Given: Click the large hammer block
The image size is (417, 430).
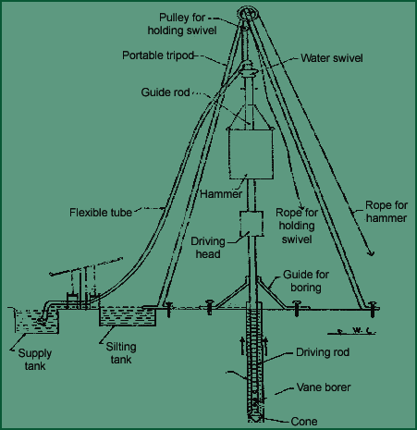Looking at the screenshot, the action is pos(251,154).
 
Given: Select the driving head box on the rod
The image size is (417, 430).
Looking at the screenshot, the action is pos(251,224).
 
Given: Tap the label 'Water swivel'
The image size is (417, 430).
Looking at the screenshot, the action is pos(332,58).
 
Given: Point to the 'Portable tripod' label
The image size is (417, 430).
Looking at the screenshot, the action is pos(158,55).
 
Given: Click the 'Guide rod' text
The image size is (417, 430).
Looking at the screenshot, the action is pos(166,92).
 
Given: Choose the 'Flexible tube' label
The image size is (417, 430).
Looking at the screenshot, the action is pos(101,213).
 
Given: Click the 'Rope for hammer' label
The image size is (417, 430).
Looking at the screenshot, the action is pos(386,212).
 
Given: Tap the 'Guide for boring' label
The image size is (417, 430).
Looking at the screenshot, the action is pos(306,281).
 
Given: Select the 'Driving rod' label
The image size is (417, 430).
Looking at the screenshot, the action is pos(323,352).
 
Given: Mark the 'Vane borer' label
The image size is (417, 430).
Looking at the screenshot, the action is pos(324,387).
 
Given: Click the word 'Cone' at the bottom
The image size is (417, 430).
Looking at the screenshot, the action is pos(304,422).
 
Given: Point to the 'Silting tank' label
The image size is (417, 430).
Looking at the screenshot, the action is pos(121,353).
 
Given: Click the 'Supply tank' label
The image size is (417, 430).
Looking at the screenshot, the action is pos(35,360).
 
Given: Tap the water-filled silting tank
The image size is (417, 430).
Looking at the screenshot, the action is pos(128,316).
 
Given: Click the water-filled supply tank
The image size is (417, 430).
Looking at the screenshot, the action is pos(36,321).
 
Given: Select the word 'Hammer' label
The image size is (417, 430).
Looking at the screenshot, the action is pos(221,194).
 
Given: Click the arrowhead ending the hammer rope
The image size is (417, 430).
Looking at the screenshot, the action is pos(371,252).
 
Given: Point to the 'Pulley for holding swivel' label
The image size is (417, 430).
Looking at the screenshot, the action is pos(182,24).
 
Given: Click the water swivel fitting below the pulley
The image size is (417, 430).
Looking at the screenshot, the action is pos(248,70).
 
